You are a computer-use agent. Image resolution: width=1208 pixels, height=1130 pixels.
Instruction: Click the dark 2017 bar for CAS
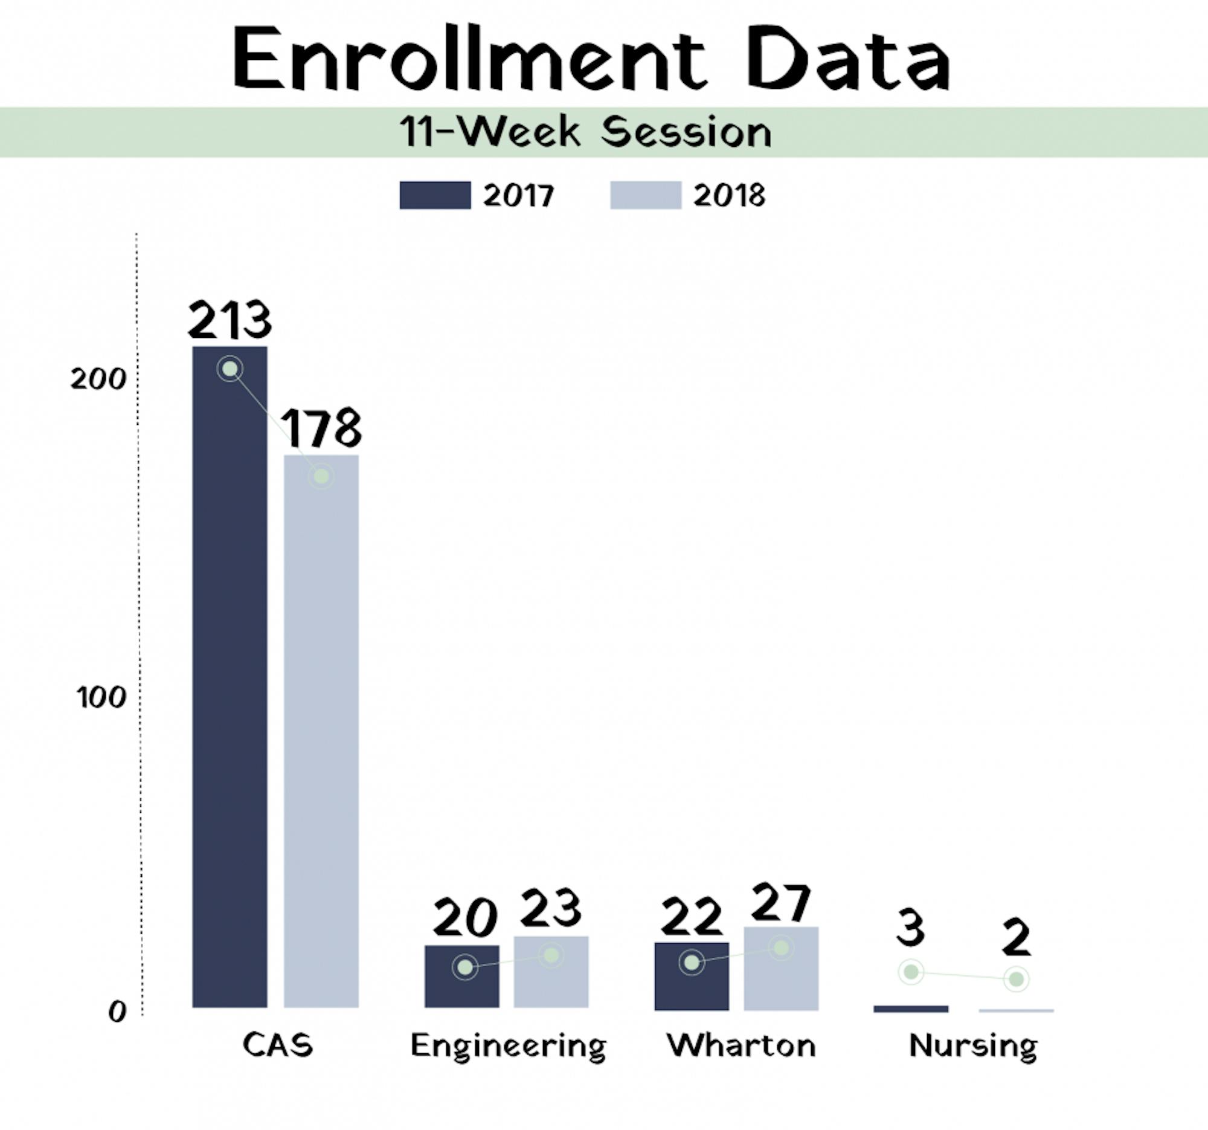pos(230,669)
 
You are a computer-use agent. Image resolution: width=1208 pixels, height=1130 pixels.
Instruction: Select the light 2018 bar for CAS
pos(321,729)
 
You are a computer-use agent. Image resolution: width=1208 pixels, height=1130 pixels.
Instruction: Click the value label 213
pos(230,320)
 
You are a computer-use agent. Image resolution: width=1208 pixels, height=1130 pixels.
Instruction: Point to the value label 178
pos(321,428)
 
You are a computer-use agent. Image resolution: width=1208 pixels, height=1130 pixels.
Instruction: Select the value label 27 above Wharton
pos(781,903)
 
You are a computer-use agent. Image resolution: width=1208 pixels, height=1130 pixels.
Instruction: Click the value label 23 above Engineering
pos(551,908)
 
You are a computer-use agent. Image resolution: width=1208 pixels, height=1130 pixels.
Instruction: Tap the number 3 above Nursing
pos(910,928)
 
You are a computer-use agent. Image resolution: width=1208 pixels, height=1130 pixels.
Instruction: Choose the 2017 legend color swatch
pos(435,195)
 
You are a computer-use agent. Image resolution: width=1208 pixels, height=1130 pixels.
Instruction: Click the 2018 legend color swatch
pos(645,195)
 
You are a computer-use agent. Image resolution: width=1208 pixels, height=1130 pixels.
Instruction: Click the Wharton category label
pos(741,1046)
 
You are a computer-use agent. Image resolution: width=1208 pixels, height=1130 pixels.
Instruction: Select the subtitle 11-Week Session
pos(586,132)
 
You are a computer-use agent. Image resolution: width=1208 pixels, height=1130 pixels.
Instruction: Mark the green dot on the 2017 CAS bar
pos(230,369)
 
